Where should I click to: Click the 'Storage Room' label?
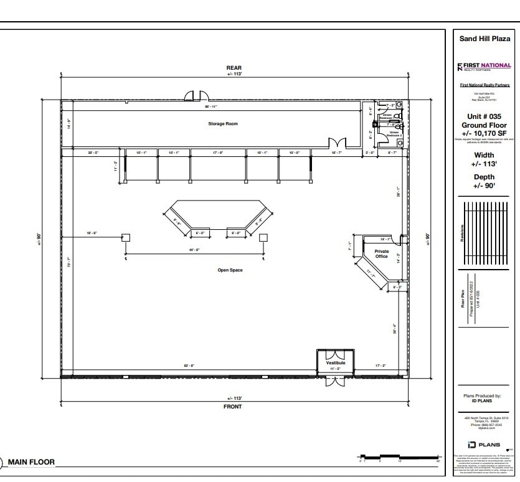click(x=222, y=123)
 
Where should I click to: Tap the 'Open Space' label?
click(x=230, y=270)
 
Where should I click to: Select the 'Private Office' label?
click(x=381, y=253)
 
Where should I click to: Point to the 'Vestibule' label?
click(x=335, y=362)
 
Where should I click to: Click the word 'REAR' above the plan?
click(x=234, y=68)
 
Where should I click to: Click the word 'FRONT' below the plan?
click(x=234, y=407)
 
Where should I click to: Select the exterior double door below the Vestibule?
click(x=335, y=381)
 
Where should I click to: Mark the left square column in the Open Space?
click(x=125, y=237)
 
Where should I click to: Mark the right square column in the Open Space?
click(x=263, y=237)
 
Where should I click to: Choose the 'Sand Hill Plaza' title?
click(x=484, y=39)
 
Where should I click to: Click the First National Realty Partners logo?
click(x=484, y=67)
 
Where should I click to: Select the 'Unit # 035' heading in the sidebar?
click(x=484, y=116)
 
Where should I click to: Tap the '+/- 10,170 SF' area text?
click(x=484, y=133)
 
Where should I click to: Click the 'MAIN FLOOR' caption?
click(x=31, y=462)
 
